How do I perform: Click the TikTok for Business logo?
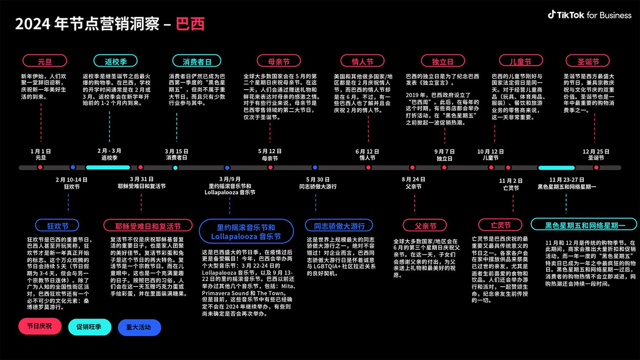tap(589, 15)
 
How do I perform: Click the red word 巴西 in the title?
tap(190, 24)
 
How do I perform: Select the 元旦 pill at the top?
tap(45, 61)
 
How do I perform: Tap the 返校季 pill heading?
tap(116, 61)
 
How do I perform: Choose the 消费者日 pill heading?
tap(197, 61)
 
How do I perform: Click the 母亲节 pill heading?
tap(279, 61)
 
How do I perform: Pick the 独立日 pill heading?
tap(442, 61)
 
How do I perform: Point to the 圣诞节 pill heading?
tap(588, 61)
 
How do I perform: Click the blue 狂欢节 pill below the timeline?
tap(58, 226)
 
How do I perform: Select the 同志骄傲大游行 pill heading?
tap(339, 226)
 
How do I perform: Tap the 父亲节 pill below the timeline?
tap(425, 226)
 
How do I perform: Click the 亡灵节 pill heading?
tap(500, 225)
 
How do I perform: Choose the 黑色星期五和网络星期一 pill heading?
tap(584, 225)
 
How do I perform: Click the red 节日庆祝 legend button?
tap(40, 326)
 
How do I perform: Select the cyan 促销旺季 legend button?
tap(89, 327)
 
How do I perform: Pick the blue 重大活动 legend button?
tap(139, 327)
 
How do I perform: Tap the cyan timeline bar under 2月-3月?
tap(108, 168)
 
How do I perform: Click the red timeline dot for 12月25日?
tap(596, 168)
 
